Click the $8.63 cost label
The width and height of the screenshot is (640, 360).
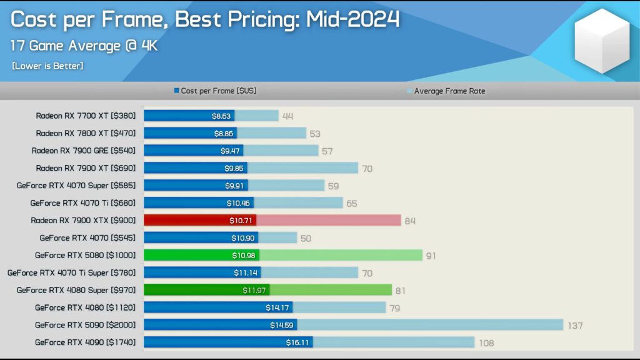(x=221, y=116)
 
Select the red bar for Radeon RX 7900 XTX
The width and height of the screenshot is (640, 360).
(x=200, y=221)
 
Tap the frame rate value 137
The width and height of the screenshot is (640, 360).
(x=575, y=326)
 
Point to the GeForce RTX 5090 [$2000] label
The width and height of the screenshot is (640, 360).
(x=85, y=325)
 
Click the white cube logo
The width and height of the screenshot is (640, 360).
(x=602, y=41)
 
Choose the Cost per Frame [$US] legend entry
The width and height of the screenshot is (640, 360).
(x=215, y=91)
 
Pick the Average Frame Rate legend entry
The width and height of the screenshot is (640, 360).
(x=446, y=91)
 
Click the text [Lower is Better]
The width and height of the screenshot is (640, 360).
(x=47, y=66)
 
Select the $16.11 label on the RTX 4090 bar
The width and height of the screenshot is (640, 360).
(x=297, y=342)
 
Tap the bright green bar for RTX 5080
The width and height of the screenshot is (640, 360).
(x=201, y=256)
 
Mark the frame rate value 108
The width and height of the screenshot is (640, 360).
(x=486, y=343)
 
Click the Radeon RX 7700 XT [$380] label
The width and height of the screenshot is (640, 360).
(x=86, y=116)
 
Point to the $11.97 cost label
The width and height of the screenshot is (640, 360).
(x=254, y=290)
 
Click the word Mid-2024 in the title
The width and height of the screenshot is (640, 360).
(x=352, y=19)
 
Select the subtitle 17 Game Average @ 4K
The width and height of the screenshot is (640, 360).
(x=84, y=46)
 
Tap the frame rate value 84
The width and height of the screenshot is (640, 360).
(x=410, y=221)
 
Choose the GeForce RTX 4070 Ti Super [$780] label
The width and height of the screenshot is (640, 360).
(x=71, y=272)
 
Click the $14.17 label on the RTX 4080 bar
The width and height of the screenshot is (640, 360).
(x=277, y=307)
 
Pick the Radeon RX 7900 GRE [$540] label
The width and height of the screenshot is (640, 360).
(x=84, y=151)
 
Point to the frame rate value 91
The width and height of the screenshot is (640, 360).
(x=431, y=256)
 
